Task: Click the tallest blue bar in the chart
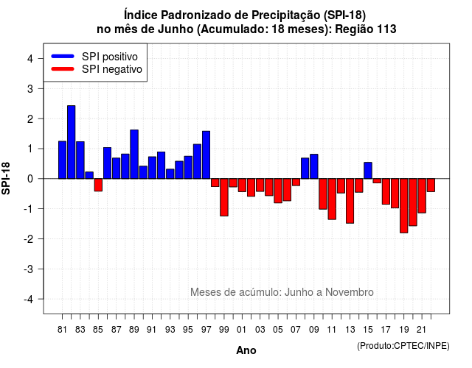(x=72, y=142)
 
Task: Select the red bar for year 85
(x=98, y=185)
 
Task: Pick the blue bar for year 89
(x=134, y=154)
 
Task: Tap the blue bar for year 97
(x=206, y=155)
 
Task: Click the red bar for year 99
(x=224, y=197)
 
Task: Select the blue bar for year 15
(x=368, y=170)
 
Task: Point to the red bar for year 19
(x=404, y=206)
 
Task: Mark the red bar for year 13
(x=350, y=201)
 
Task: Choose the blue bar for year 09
(x=314, y=166)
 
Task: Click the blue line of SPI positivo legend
(x=63, y=56)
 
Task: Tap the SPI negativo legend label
(x=112, y=69)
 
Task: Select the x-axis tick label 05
(x=278, y=330)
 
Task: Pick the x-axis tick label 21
(x=422, y=330)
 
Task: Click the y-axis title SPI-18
(x=6, y=178)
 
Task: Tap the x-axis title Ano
(x=246, y=350)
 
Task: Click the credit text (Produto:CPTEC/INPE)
(x=403, y=346)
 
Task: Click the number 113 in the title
(x=386, y=29)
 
